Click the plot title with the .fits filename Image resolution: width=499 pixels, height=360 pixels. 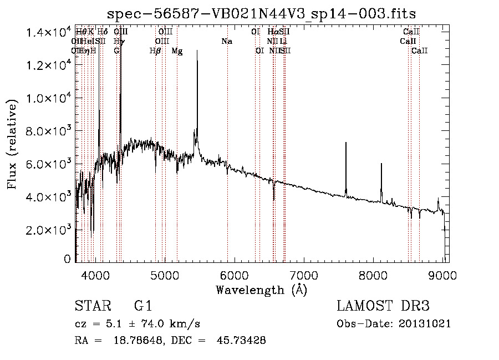tap(261, 13)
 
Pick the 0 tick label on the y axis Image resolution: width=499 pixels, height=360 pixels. tap(67, 259)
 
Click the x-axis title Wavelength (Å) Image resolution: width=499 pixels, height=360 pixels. tap(261, 290)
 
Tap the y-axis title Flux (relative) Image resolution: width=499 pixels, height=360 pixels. tap(12, 145)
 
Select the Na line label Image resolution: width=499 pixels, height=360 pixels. tap(226, 41)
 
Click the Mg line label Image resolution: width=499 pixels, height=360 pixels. tap(177, 51)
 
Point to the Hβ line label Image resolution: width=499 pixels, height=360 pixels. tap(155, 51)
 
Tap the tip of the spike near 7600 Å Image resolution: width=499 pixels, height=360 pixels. tap(346, 143)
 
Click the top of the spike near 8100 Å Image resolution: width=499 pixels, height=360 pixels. tap(381, 164)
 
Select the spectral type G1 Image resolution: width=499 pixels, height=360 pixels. tap(143, 306)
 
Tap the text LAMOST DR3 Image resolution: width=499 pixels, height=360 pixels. tap(383, 306)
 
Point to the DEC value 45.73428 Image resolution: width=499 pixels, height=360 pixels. tap(243, 341)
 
